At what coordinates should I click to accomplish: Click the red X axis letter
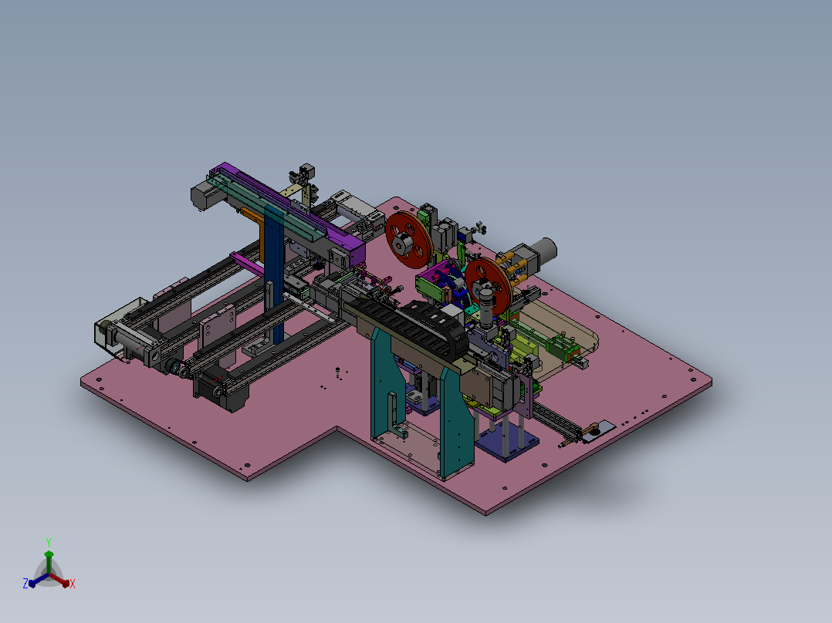(73, 584)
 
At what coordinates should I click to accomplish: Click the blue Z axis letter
(25, 584)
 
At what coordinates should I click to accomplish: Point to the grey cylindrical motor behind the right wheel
(543, 249)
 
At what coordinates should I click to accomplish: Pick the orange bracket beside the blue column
(255, 229)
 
